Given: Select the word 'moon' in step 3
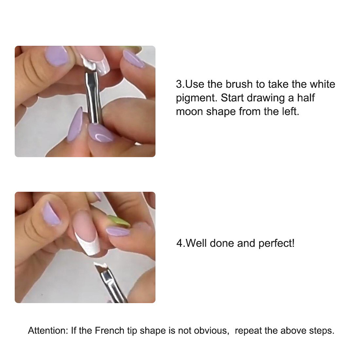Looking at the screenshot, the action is tap(189, 112).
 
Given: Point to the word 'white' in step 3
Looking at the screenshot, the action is tap(322, 84).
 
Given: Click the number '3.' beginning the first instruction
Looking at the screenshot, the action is tap(180, 84).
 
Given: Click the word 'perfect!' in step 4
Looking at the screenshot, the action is tap(276, 243).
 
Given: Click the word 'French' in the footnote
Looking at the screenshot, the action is tap(109, 331).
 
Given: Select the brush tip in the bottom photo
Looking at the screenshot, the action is tap(100, 267).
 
